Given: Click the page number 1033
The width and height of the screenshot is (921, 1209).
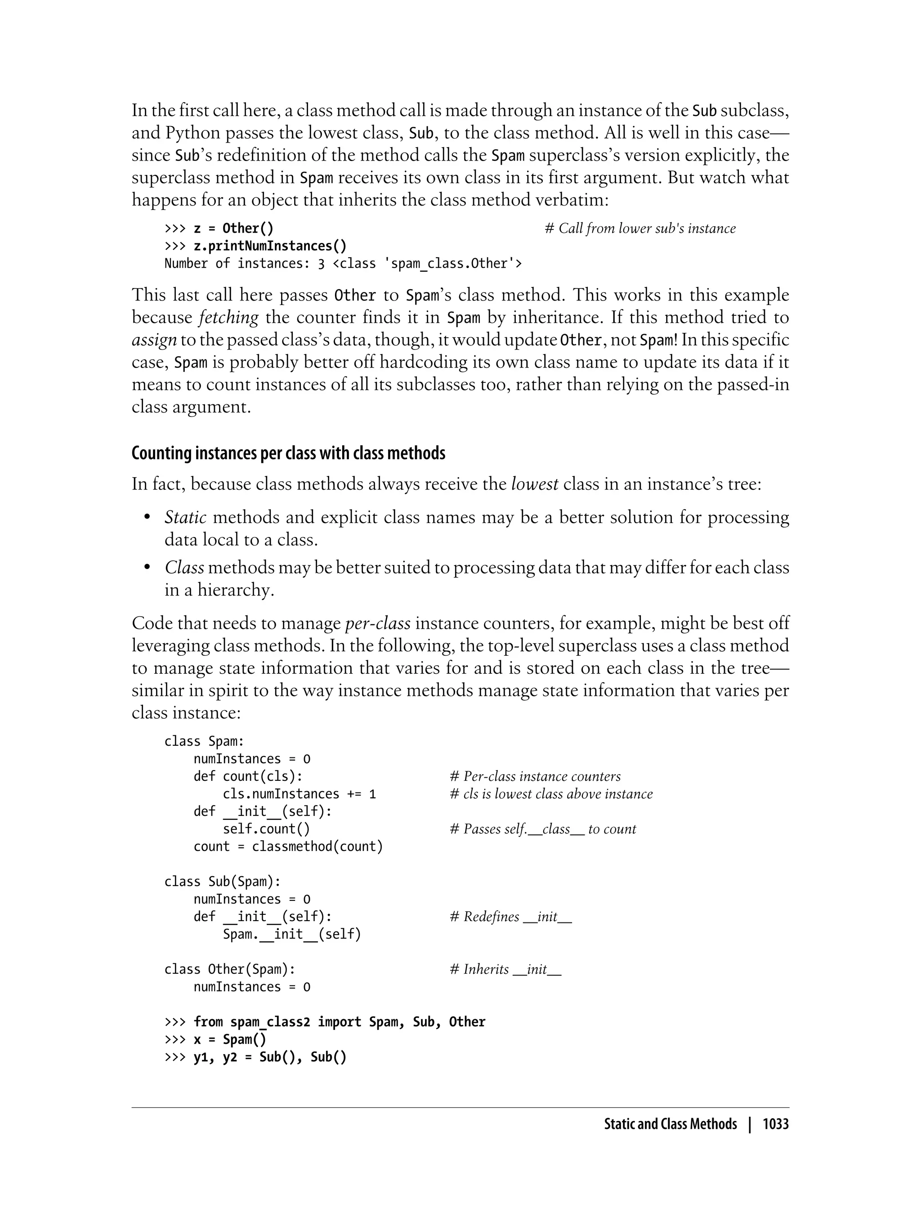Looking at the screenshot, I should [x=775, y=1124].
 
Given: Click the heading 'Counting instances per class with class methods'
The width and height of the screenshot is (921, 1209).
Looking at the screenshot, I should [x=288, y=453].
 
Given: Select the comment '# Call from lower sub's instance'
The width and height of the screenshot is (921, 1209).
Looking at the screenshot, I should [x=640, y=228].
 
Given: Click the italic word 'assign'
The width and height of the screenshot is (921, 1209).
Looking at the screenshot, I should [x=154, y=340].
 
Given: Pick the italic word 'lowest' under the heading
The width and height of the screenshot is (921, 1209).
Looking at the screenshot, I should [x=535, y=484].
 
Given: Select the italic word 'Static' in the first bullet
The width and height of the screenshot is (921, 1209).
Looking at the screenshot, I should [x=185, y=518].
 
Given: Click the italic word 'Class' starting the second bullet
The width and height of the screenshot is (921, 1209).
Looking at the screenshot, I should [x=184, y=568].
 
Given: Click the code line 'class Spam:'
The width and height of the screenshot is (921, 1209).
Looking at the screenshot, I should [x=204, y=741].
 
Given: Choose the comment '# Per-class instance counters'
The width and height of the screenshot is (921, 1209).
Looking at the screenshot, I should [x=535, y=776].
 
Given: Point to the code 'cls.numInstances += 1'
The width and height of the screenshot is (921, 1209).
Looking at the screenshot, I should [x=300, y=794].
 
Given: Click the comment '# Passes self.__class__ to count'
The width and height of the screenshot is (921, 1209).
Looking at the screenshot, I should [x=543, y=829].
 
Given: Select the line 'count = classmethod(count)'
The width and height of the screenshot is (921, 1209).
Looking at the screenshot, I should [x=288, y=846].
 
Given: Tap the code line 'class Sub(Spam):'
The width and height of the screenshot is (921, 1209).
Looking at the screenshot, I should [x=223, y=882].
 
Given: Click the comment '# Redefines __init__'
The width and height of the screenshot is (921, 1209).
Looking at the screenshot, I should [x=510, y=917].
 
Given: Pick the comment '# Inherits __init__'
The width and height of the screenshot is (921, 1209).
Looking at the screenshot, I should [x=505, y=969].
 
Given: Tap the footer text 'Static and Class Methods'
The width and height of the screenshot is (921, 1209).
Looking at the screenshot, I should [x=670, y=1124].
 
